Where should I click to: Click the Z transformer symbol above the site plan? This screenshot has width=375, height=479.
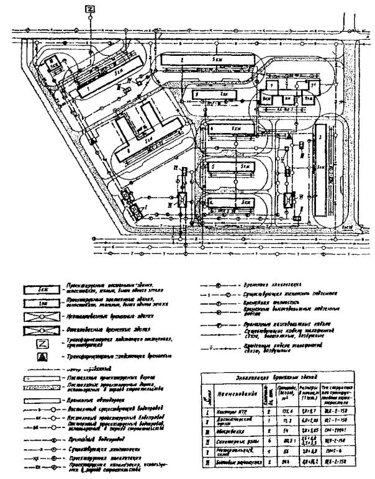coord(91,9)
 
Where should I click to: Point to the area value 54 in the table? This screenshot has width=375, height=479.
coord(284,432)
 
